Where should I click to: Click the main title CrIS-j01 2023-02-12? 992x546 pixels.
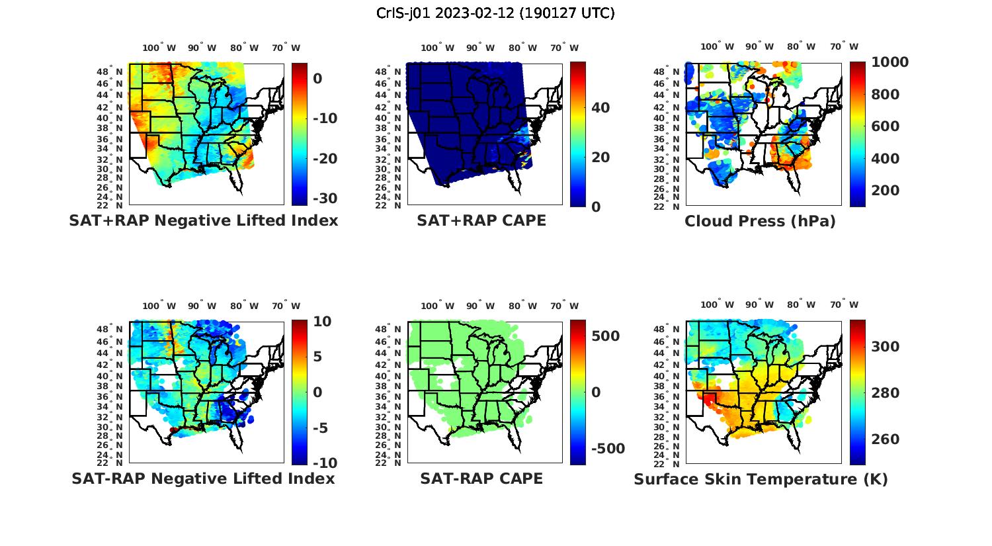point(495,13)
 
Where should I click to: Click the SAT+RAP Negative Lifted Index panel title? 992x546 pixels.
point(203,220)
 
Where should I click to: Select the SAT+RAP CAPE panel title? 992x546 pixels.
point(481,220)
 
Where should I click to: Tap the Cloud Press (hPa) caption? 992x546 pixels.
point(760,221)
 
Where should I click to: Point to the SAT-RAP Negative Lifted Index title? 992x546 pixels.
point(203,478)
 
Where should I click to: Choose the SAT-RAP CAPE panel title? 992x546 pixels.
point(481,478)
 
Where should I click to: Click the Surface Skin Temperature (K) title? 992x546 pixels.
point(761,479)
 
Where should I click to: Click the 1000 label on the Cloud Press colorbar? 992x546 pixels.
point(889,62)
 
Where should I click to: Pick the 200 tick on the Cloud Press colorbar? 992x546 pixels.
point(886,191)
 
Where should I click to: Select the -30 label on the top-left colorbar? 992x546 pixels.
point(325,199)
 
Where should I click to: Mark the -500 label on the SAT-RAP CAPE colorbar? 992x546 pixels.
point(606,449)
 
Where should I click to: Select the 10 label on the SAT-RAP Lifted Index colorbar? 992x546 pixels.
point(322,322)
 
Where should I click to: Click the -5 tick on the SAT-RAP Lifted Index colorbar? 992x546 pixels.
point(319,428)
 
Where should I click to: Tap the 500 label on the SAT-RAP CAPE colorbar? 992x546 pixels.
point(605,336)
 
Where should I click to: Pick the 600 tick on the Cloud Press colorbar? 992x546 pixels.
point(886,126)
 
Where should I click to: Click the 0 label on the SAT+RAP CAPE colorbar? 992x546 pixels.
point(596,207)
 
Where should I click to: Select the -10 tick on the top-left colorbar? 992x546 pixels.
point(325,118)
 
